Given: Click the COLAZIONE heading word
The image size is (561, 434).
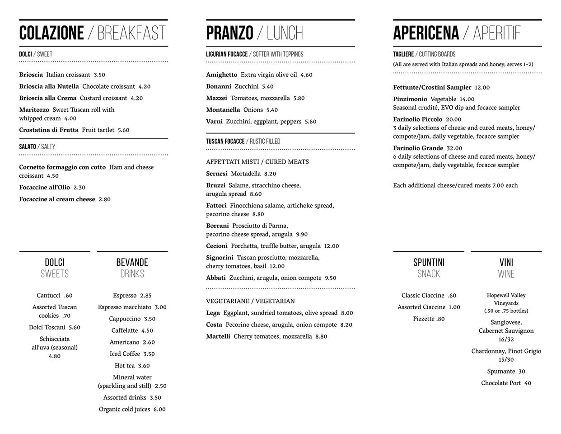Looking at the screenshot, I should (x=51, y=33).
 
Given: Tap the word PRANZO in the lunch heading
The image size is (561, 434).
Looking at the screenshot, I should (x=229, y=33).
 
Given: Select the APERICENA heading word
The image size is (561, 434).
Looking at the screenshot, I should (x=426, y=33).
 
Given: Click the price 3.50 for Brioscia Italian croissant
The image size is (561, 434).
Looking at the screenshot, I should (x=99, y=75).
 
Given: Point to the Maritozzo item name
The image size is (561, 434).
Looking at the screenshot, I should (x=34, y=110).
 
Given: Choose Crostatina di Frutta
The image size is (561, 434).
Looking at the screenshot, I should (x=49, y=130).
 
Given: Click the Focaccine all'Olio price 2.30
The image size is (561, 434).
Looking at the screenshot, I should (x=79, y=188).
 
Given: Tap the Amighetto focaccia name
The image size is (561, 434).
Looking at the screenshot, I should (x=221, y=75).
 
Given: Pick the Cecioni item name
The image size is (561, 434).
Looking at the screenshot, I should (x=217, y=246).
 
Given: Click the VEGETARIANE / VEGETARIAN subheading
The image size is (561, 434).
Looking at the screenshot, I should (x=250, y=301).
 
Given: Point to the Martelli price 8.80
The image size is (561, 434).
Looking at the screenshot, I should (x=321, y=336).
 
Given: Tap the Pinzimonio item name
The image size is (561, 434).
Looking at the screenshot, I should (x=410, y=99).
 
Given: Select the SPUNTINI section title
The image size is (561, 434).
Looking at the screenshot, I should (x=429, y=262).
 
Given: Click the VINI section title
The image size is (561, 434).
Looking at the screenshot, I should (x=506, y=262).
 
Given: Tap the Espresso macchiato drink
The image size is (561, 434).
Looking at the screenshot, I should (x=124, y=307).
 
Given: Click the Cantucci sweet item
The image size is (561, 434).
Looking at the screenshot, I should (x=48, y=296).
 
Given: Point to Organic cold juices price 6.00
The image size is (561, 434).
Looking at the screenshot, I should (x=159, y=410).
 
